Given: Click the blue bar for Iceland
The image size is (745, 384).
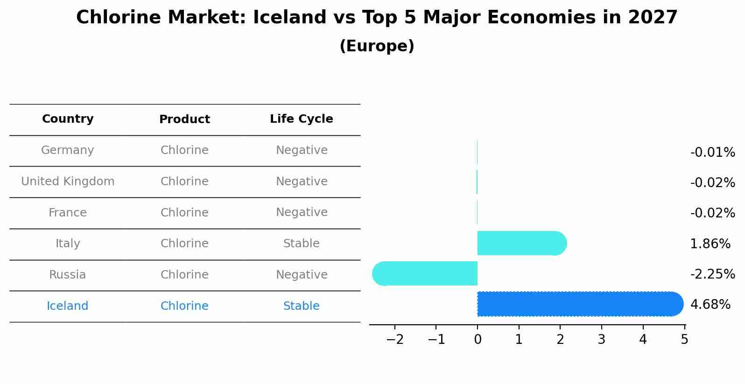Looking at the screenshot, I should (579, 304).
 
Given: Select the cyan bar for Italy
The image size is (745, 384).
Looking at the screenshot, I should (520, 243).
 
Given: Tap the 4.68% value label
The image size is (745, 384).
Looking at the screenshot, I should (710, 305).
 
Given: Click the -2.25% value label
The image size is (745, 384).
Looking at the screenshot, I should (712, 274).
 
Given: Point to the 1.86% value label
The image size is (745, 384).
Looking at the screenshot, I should (710, 244).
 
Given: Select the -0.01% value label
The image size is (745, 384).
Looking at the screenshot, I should (712, 153).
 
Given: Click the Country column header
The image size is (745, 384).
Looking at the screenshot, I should (68, 119).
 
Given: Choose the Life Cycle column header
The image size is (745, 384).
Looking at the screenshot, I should (302, 119).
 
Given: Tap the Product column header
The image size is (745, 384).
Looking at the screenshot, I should (184, 119).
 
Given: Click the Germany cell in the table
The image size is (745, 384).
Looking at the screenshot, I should (68, 150).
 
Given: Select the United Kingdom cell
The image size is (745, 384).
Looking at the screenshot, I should (68, 182).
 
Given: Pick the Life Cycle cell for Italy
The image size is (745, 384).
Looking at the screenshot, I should (302, 244).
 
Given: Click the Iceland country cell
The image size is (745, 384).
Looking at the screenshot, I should (68, 306).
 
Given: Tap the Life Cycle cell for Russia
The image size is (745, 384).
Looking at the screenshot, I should (302, 275).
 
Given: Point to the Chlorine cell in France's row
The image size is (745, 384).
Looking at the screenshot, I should (184, 213).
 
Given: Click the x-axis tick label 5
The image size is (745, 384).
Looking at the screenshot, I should (684, 340).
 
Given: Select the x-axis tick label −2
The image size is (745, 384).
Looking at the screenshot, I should (395, 340).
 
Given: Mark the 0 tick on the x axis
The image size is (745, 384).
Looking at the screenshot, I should (478, 340).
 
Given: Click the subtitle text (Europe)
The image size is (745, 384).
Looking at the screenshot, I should (377, 46).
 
